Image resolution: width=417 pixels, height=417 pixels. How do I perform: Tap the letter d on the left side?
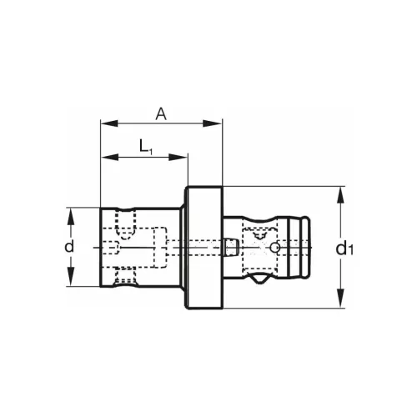pyautogui.click(x=70, y=247)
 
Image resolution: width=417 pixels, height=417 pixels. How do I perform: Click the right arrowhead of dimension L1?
pyautogui.click(x=184, y=156)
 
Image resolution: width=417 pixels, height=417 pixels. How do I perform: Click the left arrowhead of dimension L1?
pyautogui.click(x=105, y=156)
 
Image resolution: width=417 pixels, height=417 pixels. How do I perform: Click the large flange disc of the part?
pyautogui.click(x=203, y=248)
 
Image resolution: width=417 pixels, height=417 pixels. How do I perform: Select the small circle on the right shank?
pyautogui.click(x=274, y=248)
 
